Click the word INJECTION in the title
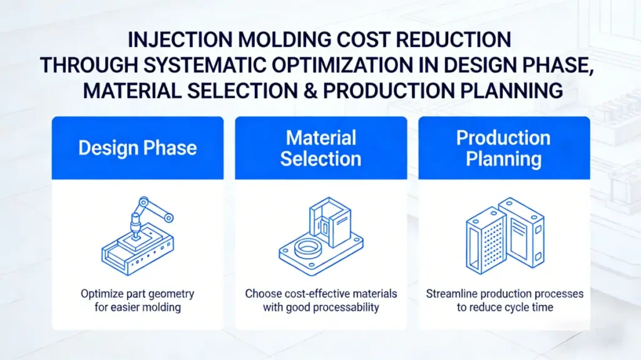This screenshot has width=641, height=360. coord(173,39)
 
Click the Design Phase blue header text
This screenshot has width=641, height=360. coord(137,148)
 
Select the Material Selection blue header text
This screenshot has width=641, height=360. coord(320,148)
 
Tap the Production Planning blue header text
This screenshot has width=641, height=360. coord(503,148)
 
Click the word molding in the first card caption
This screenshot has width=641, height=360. coord(159,307)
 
